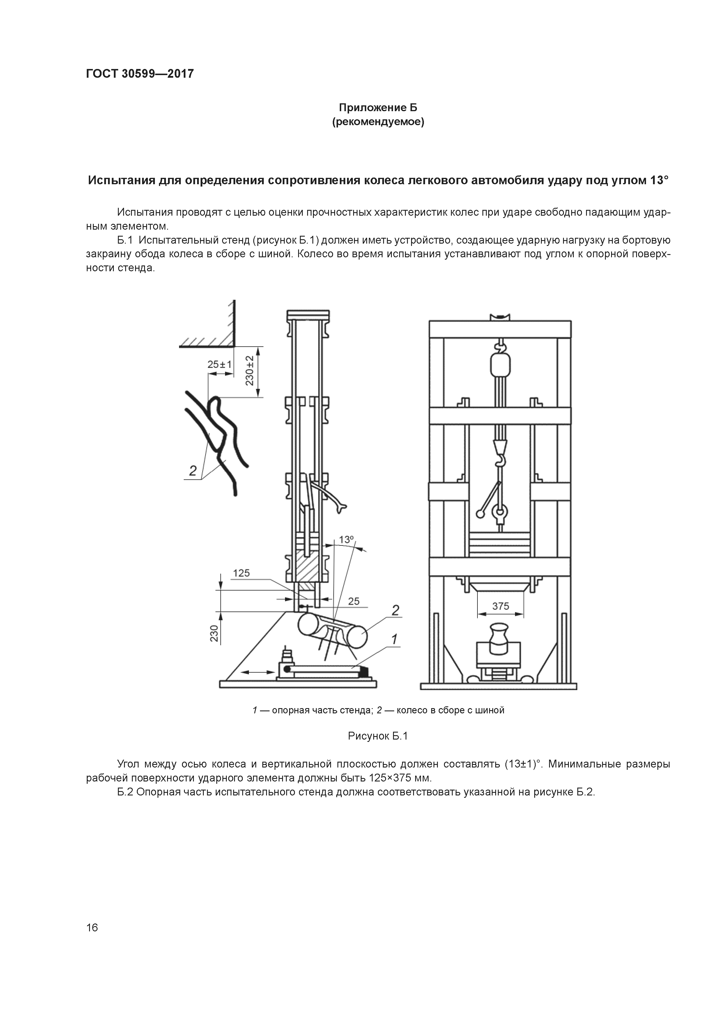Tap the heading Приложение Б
pos(378,108)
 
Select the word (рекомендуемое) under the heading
pos(378,122)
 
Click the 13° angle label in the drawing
pos(346,540)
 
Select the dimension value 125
pos(242,573)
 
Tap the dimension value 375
pos(500,606)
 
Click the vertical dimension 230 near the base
pos(214,633)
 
